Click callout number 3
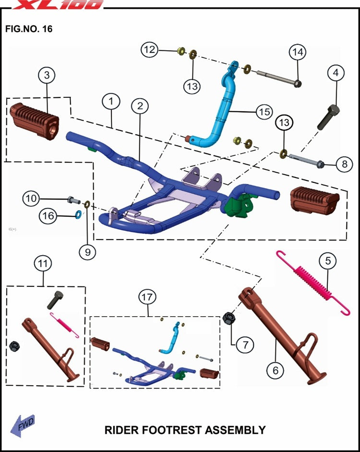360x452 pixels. [x=47, y=75]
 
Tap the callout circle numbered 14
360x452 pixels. [x=297, y=51]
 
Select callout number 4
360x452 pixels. [x=336, y=73]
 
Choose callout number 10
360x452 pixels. [x=31, y=197]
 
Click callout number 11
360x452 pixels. [x=44, y=263]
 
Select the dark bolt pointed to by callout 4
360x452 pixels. [x=329, y=117]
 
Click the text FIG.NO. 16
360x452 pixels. [x=29, y=29]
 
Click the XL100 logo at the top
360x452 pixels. [x=58, y=4]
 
